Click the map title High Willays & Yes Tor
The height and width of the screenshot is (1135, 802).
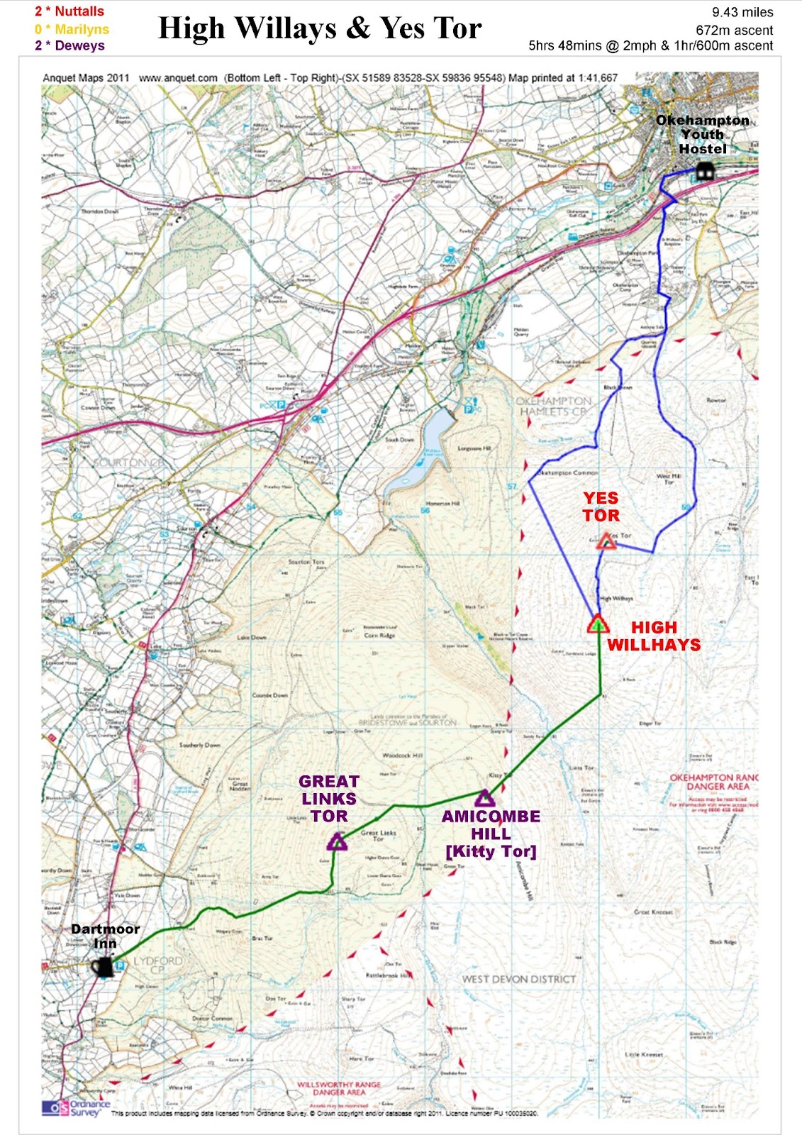tap(320, 28)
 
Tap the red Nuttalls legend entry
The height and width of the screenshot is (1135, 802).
tap(69, 11)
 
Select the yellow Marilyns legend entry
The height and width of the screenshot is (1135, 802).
tap(72, 29)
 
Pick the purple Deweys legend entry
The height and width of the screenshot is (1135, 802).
tap(69, 45)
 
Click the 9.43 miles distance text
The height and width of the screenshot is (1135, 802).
tap(742, 12)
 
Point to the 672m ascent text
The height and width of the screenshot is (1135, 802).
tap(734, 30)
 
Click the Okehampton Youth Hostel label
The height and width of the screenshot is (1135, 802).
tap(702, 134)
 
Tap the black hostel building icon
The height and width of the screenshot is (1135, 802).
tap(703, 171)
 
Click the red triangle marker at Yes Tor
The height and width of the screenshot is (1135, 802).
tap(606, 542)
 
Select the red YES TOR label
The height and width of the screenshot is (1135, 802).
tap(601, 506)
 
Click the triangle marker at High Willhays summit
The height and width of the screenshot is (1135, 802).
tap(598, 624)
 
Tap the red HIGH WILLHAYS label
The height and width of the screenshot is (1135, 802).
tap(654, 636)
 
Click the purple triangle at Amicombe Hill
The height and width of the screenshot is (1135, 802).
tap(484, 797)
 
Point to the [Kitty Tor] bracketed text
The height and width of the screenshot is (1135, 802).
tap(491, 851)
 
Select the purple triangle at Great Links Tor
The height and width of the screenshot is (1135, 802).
tap(337, 842)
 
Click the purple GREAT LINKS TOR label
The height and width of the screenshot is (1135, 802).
tap(329, 798)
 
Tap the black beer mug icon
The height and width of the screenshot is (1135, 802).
tap(102, 967)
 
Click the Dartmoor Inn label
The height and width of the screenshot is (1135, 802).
tap(105, 936)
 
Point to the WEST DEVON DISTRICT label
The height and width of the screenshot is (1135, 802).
tap(519, 979)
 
